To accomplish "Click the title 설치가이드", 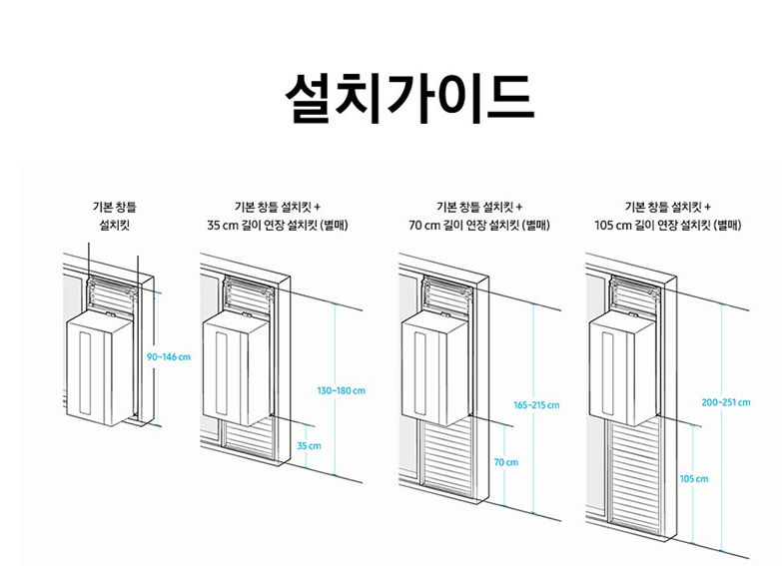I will pos(407,96).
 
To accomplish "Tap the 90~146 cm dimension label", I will pos(168,356).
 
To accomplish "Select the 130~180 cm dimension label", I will pos(342,390).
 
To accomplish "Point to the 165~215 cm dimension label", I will pos(536,405).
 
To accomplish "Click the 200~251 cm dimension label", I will pos(726,402).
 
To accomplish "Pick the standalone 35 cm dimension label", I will pos(309,445).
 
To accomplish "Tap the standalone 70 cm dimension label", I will pos(506,462).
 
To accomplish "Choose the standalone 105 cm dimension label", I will pos(694,479).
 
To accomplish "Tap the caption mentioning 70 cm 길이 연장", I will pos(479,216).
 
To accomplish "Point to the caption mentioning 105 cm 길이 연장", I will pos(667,216).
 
